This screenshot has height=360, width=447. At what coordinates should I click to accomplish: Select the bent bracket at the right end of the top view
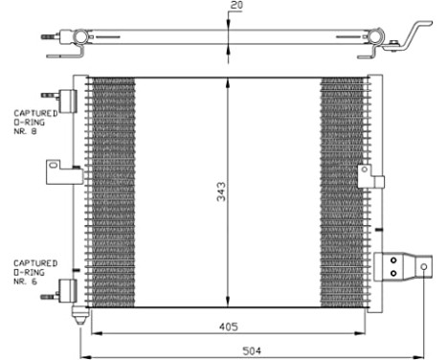pos(413,34)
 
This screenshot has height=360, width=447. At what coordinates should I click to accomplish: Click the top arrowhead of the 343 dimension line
pos(227,80)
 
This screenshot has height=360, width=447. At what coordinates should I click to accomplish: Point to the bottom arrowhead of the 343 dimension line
pos(227,304)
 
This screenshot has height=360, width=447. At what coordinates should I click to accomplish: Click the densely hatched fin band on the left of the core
pos(112,191)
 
